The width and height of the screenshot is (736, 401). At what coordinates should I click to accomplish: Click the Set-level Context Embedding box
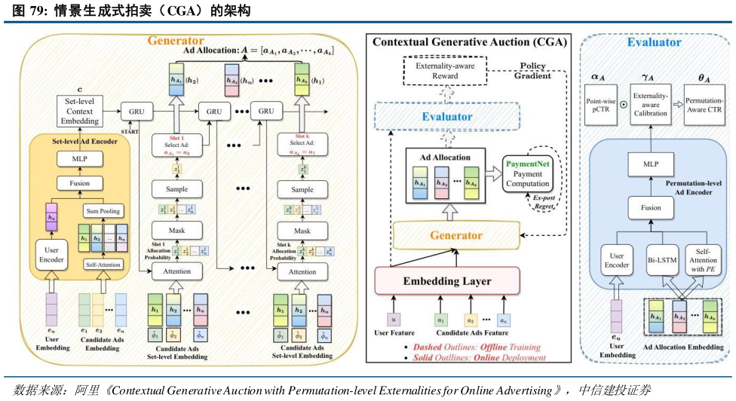coord(78,111)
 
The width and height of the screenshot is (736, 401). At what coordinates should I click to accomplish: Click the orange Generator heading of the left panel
coord(176,40)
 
